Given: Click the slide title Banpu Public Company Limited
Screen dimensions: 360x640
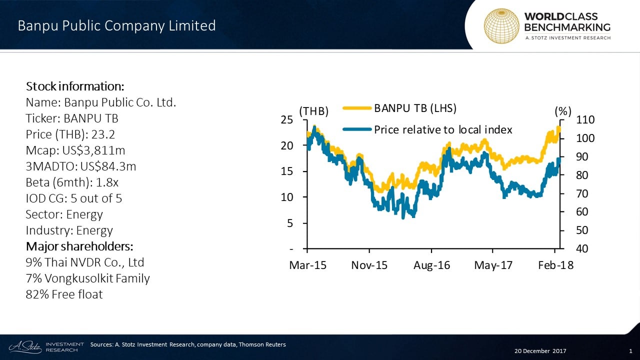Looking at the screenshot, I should point(116,25).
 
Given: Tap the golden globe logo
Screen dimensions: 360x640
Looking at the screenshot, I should point(501,25).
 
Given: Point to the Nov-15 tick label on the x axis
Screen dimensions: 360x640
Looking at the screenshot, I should point(369,265).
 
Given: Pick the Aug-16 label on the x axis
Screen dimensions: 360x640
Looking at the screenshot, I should point(431,265).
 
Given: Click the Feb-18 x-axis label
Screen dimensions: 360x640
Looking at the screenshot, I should point(555,265).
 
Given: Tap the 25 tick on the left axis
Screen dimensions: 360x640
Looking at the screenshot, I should point(286,120).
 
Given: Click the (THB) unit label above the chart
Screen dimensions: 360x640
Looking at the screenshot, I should point(314,112).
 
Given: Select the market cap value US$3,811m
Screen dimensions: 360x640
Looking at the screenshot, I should point(94,150).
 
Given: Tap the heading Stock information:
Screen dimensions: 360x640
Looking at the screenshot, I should point(71,86).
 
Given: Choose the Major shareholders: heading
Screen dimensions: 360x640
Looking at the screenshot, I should point(79,246).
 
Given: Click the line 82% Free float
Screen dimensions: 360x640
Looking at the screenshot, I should point(64,294).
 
